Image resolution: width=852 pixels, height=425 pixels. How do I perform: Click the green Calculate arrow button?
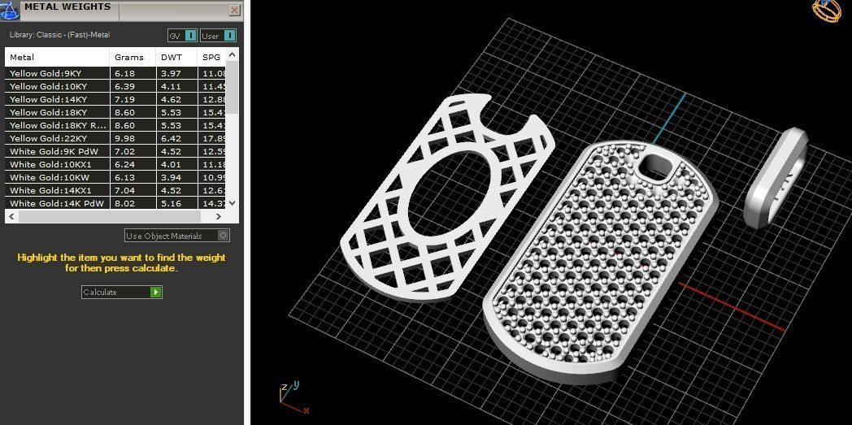(155, 292)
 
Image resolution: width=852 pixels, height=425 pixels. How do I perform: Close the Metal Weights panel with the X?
(234, 11)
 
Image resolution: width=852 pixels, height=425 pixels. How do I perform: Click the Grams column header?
(129, 57)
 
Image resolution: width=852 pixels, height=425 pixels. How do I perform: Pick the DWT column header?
(172, 57)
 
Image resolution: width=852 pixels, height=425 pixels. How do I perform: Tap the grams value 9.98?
(125, 138)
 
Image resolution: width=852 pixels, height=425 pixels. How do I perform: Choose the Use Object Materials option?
(177, 236)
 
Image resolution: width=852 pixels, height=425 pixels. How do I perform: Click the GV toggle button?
(182, 36)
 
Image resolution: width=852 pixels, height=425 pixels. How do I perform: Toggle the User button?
(218, 36)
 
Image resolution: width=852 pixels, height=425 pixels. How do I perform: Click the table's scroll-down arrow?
(233, 203)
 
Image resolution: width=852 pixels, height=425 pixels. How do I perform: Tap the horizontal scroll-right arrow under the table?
(218, 217)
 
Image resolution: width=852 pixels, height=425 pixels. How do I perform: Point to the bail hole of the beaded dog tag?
(656, 168)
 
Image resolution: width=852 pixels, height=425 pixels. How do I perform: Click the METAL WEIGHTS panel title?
(67, 7)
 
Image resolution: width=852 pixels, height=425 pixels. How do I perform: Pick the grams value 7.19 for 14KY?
(125, 99)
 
